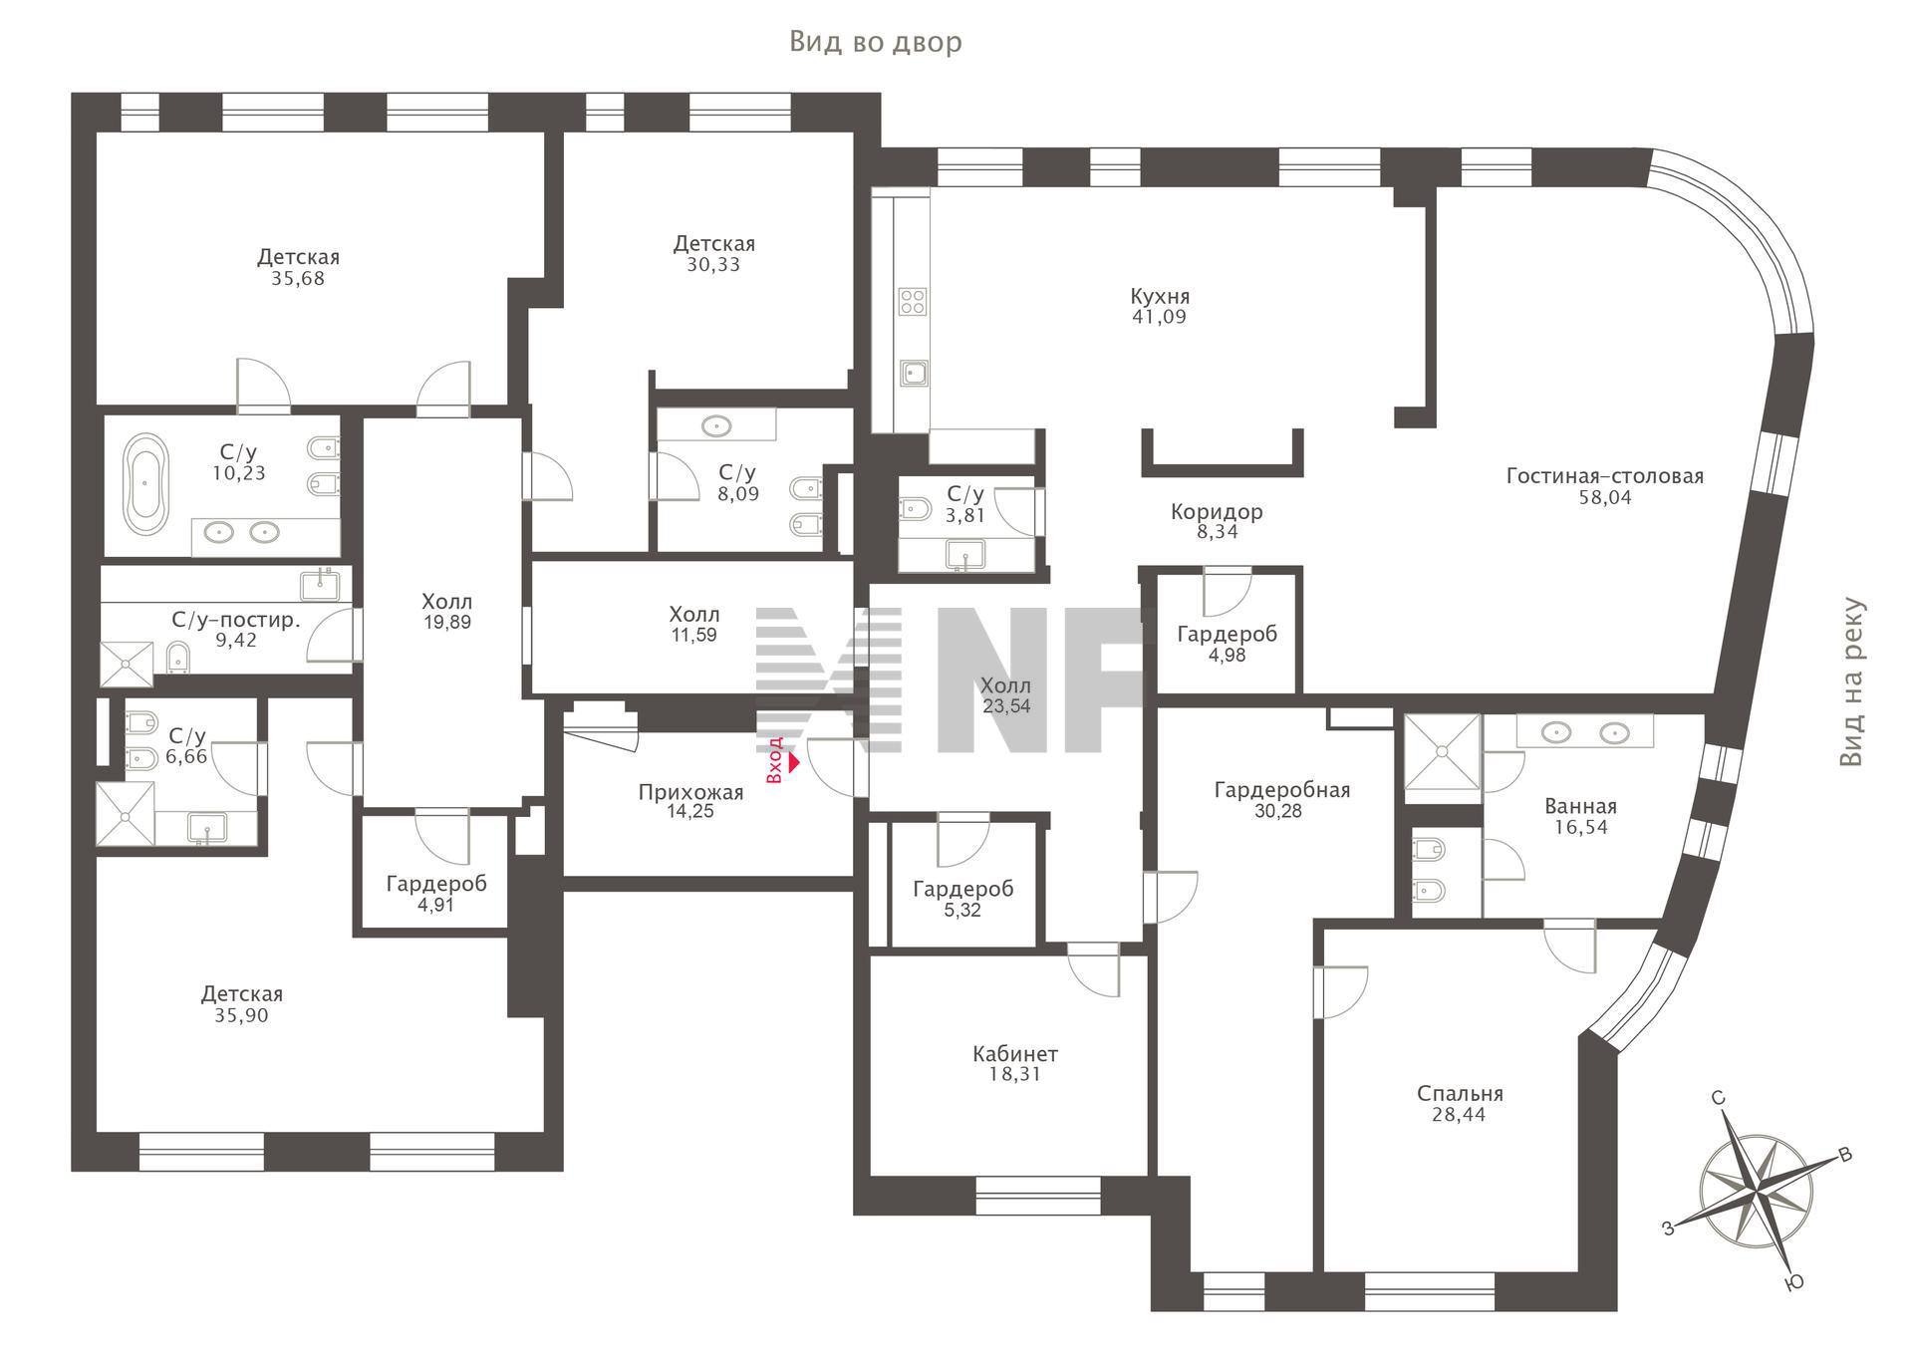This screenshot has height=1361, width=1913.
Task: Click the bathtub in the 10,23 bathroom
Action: [x=146, y=484]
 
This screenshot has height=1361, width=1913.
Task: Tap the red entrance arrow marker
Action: [x=794, y=763]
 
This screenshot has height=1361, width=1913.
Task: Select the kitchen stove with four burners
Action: [x=913, y=301]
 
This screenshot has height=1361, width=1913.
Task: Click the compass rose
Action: [x=1759, y=1193]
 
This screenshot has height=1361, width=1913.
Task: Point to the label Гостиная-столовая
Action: [x=1604, y=476]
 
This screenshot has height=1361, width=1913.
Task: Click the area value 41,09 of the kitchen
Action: [x=1159, y=318]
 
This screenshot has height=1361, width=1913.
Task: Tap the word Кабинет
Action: [x=1015, y=1054]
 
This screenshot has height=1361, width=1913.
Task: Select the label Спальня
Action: [x=1460, y=1094]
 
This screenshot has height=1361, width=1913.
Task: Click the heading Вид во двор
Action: [x=876, y=42]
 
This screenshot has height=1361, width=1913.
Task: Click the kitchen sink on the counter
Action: [x=914, y=374]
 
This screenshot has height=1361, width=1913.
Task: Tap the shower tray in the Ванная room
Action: [x=1442, y=758]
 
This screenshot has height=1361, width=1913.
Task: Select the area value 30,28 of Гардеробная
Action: [x=1278, y=811]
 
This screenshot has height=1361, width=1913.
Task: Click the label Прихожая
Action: [x=690, y=793]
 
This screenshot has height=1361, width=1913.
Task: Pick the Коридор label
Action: [x=1217, y=512]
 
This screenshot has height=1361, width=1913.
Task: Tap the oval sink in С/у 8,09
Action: [x=716, y=426]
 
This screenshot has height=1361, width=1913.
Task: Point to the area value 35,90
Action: [x=241, y=1016]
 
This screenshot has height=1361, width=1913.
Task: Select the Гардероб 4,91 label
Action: [x=436, y=895]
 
